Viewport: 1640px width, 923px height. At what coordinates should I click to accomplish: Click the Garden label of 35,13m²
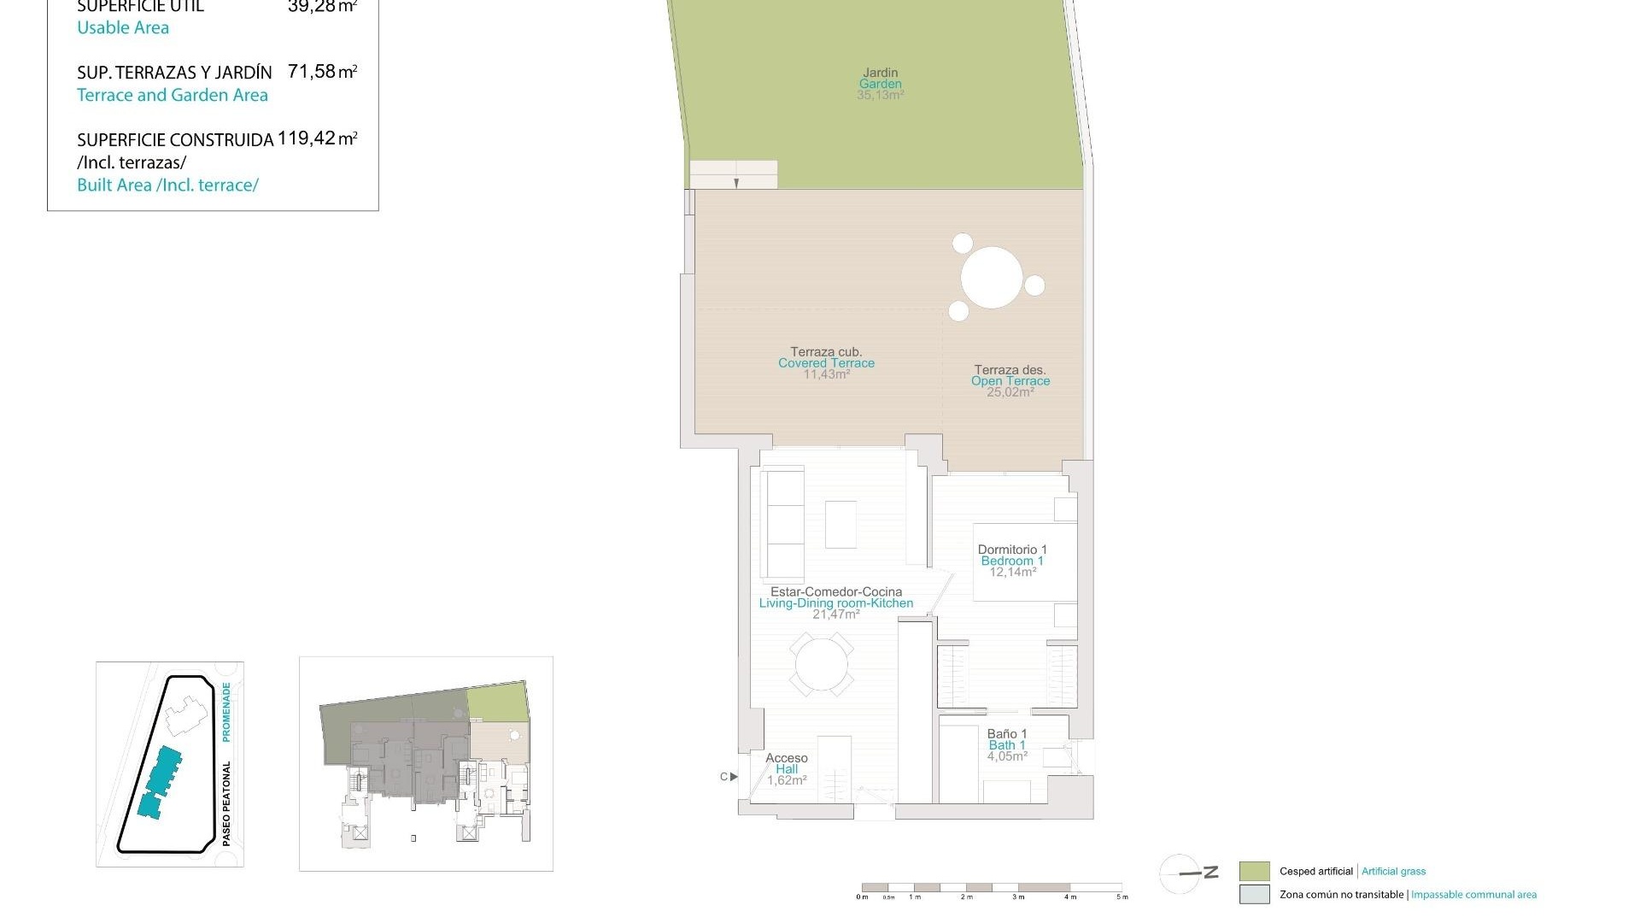(x=880, y=84)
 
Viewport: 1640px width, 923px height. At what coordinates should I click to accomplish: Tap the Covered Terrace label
(x=826, y=362)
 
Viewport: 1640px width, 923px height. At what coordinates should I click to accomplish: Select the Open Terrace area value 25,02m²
(x=1010, y=392)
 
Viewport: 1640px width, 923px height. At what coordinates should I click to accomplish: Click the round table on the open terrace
(x=992, y=278)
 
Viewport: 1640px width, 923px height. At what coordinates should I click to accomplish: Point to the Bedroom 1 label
(x=1011, y=561)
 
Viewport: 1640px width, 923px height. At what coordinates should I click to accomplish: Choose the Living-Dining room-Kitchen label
(x=835, y=603)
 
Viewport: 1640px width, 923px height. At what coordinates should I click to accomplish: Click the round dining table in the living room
(x=821, y=665)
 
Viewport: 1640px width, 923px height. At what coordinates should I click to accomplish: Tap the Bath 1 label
(x=1006, y=744)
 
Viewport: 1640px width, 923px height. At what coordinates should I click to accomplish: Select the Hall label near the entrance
(x=786, y=769)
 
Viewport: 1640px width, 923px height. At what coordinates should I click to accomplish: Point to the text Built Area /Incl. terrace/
(x=167, y=185)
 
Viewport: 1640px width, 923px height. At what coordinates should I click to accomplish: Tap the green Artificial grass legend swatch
(x=1254, y=872)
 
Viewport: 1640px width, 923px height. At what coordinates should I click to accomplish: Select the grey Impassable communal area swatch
(x=1254, y=895)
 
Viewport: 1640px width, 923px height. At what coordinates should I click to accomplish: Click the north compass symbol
(x=1181, y=873)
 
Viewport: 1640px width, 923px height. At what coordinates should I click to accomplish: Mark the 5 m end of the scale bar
(x=1122, y=889)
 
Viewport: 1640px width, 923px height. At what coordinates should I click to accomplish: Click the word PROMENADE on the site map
(x=226, y=711)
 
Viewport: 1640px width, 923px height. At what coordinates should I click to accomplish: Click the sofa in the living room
(x=782, y=523)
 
